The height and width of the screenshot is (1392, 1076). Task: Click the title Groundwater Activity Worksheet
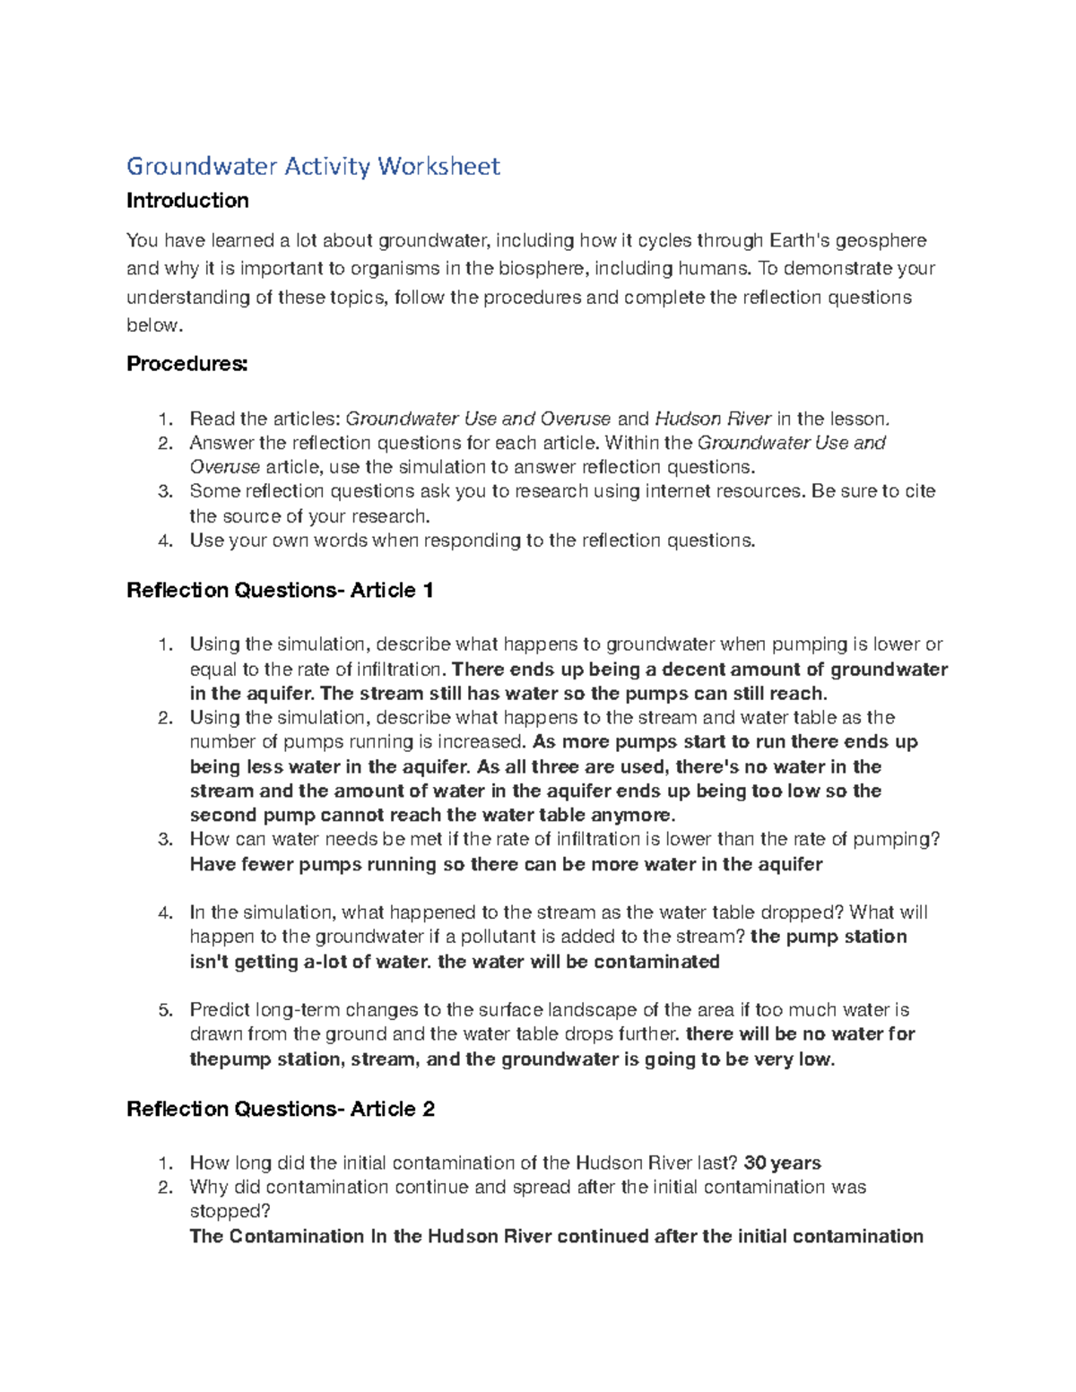(313, 167)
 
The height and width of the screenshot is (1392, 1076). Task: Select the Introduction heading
(187, 201)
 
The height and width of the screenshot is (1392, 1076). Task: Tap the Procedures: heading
(187, 364)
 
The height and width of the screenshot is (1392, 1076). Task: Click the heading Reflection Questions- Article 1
(280, 591)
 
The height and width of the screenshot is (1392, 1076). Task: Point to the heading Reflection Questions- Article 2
(280, 1110)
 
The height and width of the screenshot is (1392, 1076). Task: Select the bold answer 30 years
(782, 1163)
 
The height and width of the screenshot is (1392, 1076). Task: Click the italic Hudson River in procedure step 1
(713, 419)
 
